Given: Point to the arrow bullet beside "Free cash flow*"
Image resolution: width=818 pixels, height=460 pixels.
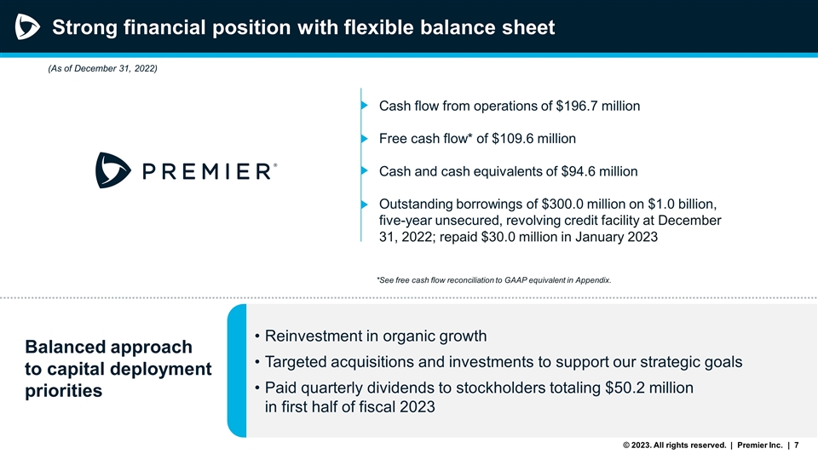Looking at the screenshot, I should pos(365,139).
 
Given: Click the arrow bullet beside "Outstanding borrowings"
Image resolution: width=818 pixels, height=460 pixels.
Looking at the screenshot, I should pos(365,204).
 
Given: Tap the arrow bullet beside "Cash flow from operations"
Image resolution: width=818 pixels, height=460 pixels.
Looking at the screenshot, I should pos(365,106).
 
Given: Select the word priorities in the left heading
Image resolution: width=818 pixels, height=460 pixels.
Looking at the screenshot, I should pos(64,392).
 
